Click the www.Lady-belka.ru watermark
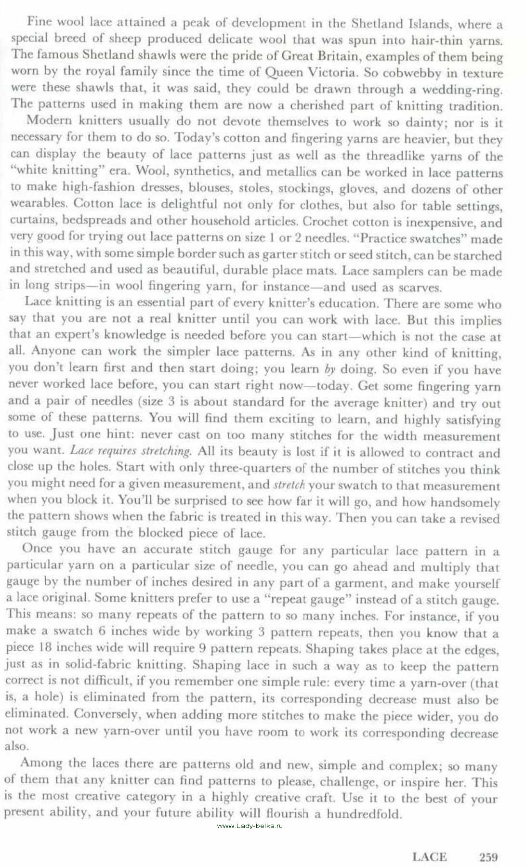point(250,826)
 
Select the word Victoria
point(332,73)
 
